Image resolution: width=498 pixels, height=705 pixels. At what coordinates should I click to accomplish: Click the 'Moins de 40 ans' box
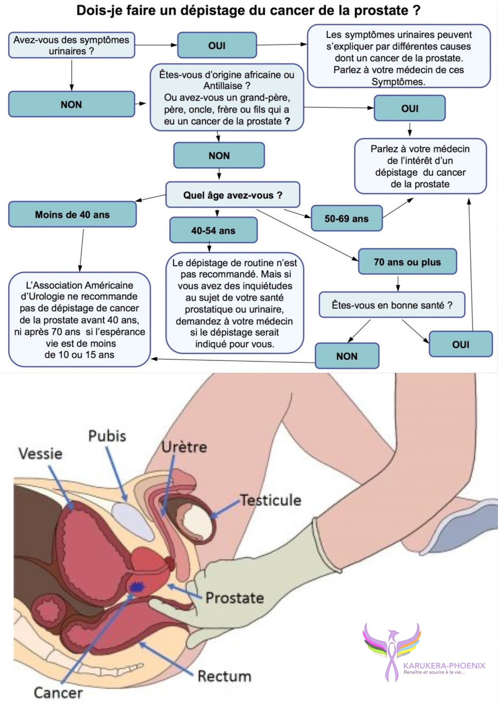pyautogui.click(x=72, y=214)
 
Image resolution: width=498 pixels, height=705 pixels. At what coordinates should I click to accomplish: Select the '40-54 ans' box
pyautogui.click(x=213, y=230)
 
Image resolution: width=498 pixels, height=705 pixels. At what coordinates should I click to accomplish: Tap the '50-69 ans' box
pyautogui.click(x=347, y=218)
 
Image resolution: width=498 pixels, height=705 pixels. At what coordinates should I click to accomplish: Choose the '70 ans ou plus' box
pyautogui.click(x=407, y=262)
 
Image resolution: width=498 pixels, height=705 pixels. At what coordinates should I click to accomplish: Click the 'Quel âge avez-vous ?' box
pyautogui.click(x=233, y=195)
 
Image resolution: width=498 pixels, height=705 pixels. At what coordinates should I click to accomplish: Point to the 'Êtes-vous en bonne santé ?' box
pyautogui.click(x=392, y=305)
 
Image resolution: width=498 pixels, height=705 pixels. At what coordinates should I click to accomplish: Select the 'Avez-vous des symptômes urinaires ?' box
pyautogui.click(x=72, y=45)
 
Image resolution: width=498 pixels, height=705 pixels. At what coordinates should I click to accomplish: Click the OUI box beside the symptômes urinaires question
pyautogui.click(x=217, y=45)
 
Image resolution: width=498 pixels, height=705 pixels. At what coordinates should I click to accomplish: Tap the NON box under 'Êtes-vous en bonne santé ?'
pyautogui.click(x=347, y=356)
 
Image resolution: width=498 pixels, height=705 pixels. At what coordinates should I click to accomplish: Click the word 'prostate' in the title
pyautogui.click(x=381, y=10)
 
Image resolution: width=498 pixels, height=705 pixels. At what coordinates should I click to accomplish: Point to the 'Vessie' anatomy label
pyautogui.click(x=40, y=454)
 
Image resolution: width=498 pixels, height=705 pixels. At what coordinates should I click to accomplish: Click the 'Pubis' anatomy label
pyautogui.click(x=107, y=436)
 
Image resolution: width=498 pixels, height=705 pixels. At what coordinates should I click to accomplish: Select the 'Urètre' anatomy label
pyautogui.click(x=184, y=447)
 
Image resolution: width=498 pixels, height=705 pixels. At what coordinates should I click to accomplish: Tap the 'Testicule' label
pyautogui.click(x=270, y=500)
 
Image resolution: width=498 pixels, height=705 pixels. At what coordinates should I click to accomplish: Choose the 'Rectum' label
pyautogui.click(x=224, y=676)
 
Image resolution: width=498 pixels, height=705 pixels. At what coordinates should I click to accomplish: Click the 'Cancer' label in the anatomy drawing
pyautogui.click(x=58, y=693)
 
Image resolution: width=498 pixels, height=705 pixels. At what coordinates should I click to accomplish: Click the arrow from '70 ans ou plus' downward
pyautogui.click(x=398, y=284)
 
